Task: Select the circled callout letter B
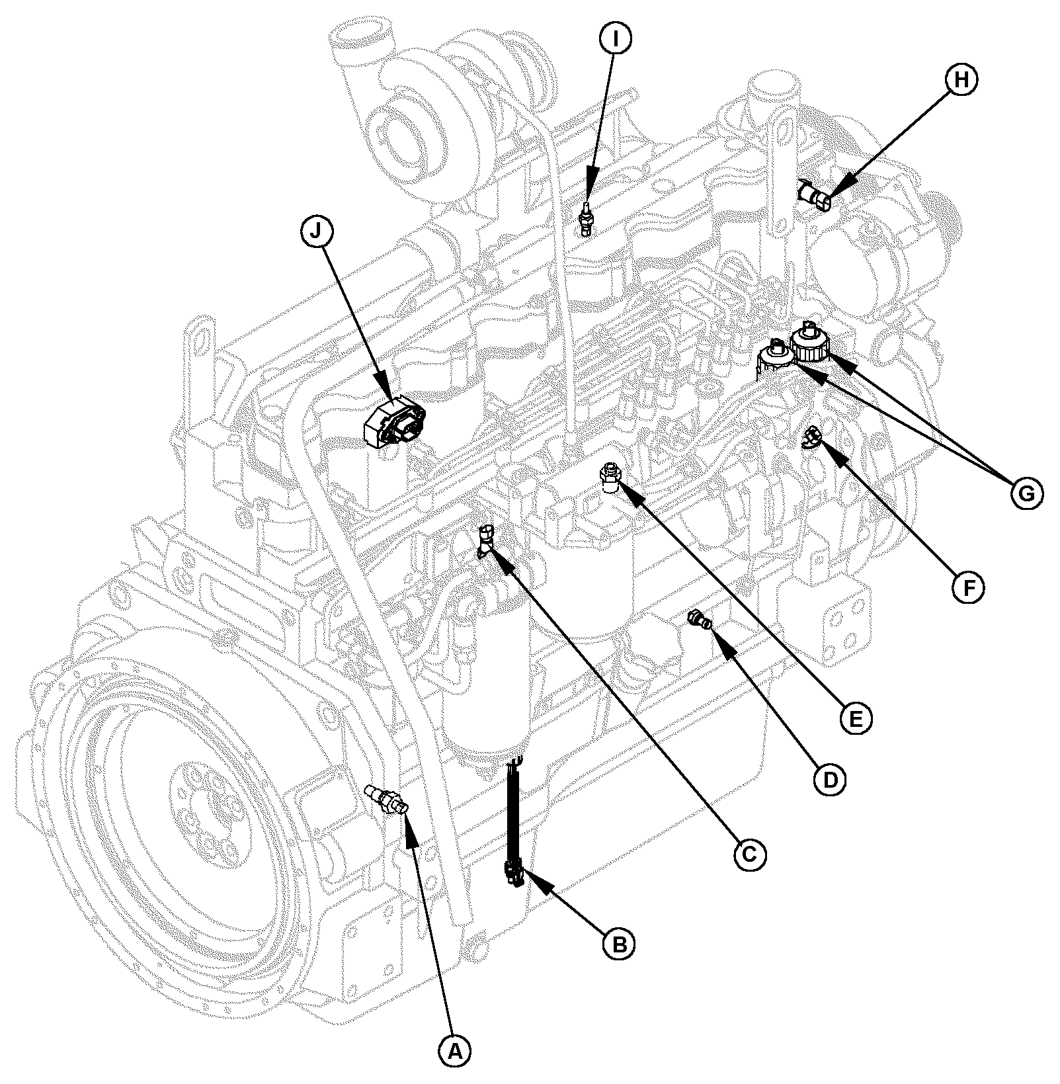619,944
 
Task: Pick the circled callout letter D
829,780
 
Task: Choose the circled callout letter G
1025,493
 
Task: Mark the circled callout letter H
961,79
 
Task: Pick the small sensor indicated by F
812,437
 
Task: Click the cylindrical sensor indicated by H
815,196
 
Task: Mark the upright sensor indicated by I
586,218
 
